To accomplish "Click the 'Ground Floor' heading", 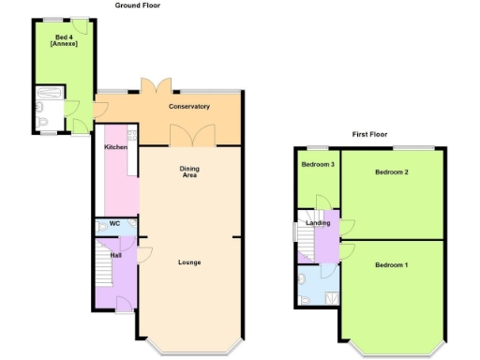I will coord(138,5).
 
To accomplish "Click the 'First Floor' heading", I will coord(369,134).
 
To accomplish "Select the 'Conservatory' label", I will coord(188,106).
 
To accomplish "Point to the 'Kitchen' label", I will coord(115,147).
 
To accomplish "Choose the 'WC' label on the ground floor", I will coord(114,224).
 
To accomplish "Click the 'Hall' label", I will coord(115,255).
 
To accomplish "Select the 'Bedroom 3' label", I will coord(317,165).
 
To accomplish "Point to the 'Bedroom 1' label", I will coord(391,265).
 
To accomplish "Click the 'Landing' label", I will coord(318,223).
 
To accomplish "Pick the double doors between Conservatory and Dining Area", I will coord(191,137).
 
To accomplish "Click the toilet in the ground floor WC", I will coord(101,225).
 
